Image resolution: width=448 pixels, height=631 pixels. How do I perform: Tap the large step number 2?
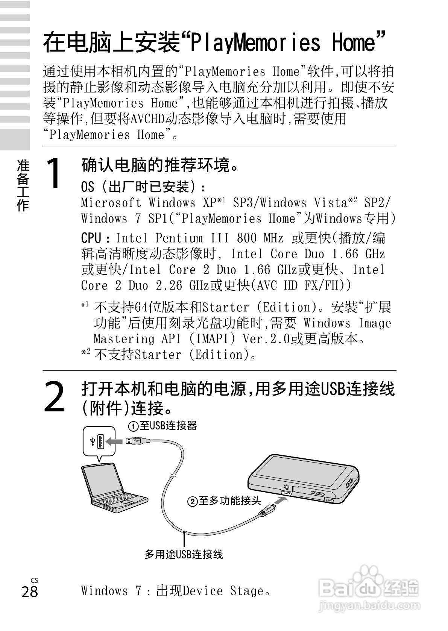55,397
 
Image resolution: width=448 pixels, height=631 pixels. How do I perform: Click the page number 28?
30,592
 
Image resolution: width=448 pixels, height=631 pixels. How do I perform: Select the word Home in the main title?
354,42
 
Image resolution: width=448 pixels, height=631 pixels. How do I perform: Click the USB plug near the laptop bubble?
138,440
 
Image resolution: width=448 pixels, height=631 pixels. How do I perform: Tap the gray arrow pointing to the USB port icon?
114,441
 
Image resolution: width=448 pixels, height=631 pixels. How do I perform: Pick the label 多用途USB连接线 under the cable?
184,554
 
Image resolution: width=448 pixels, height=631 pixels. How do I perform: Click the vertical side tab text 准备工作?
23,185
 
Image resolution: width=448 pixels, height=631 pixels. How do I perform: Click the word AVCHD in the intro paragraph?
147,119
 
